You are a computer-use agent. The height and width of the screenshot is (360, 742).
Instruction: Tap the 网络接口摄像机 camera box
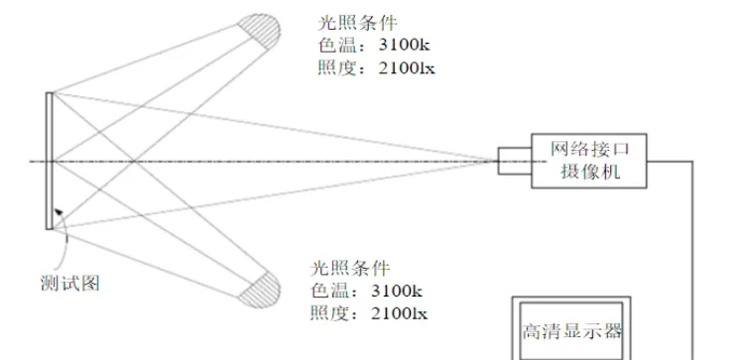(x=589, y=162)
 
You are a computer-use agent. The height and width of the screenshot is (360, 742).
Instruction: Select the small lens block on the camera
(x=513, y=160)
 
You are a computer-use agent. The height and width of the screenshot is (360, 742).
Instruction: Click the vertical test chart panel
(x=48, y=161)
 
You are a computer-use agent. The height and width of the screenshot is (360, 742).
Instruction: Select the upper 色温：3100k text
(x=366, y=47)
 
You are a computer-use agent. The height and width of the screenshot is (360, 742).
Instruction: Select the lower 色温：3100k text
(x=366, y=291)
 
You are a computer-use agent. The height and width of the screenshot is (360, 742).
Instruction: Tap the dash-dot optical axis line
(x=298, y=161)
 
